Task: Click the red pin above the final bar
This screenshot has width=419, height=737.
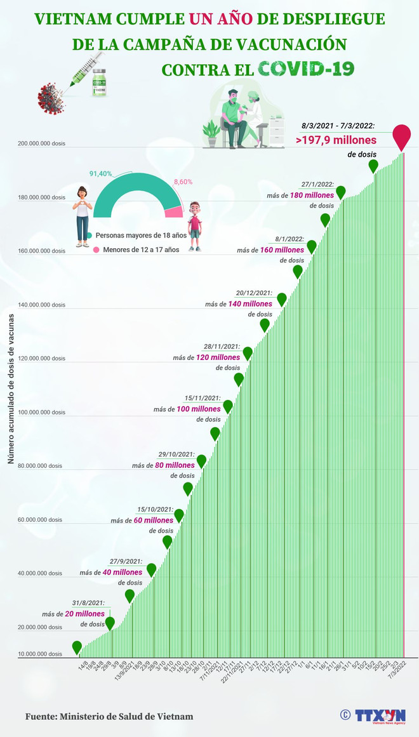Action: click(x=401, y=135)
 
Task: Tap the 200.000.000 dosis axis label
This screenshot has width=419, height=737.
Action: click(x=39, y=143)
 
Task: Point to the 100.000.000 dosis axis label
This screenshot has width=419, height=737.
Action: click(x=39, y=412)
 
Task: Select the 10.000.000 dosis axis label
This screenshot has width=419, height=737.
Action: click(x=39, y=654)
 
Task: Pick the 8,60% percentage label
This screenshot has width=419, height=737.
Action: click(x=183, y=182)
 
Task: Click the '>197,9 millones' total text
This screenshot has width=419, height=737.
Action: click(x=336, y=140)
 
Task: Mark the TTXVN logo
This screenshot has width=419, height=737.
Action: click(x=378, y=715)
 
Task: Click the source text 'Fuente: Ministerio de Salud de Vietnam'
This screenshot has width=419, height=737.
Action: click(x=109, y=716)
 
